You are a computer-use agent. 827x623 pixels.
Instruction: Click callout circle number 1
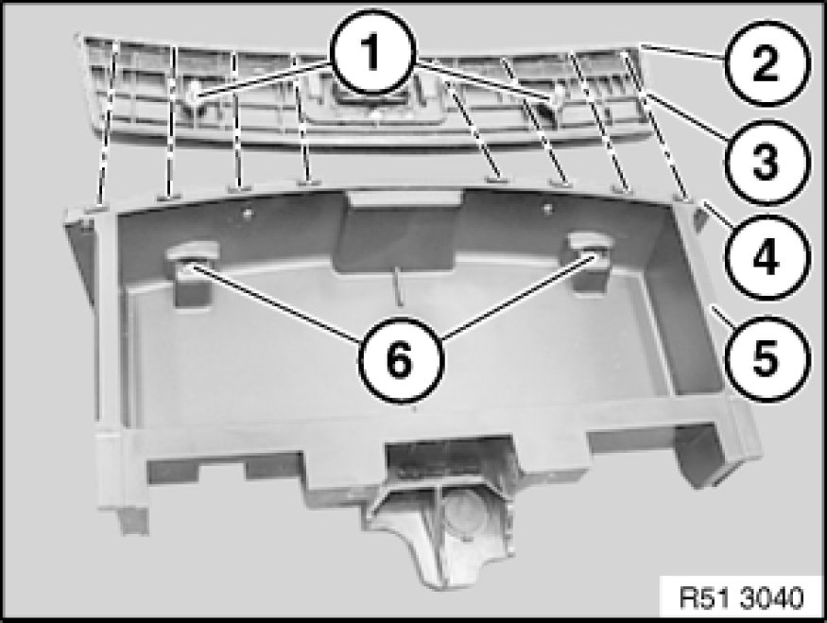click(373, 52)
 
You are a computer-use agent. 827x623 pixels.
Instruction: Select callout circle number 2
click(766, 64)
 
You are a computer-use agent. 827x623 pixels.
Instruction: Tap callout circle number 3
click(766, 162)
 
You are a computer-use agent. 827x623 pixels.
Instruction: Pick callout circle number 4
click(766, 258)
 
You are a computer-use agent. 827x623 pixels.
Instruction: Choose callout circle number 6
click(401, 361)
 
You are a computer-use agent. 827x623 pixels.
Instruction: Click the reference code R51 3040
click(742, 598)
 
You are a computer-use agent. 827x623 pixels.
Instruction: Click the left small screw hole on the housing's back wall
click(248, 213)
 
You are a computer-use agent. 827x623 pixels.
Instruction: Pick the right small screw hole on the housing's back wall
click(547, 207)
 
